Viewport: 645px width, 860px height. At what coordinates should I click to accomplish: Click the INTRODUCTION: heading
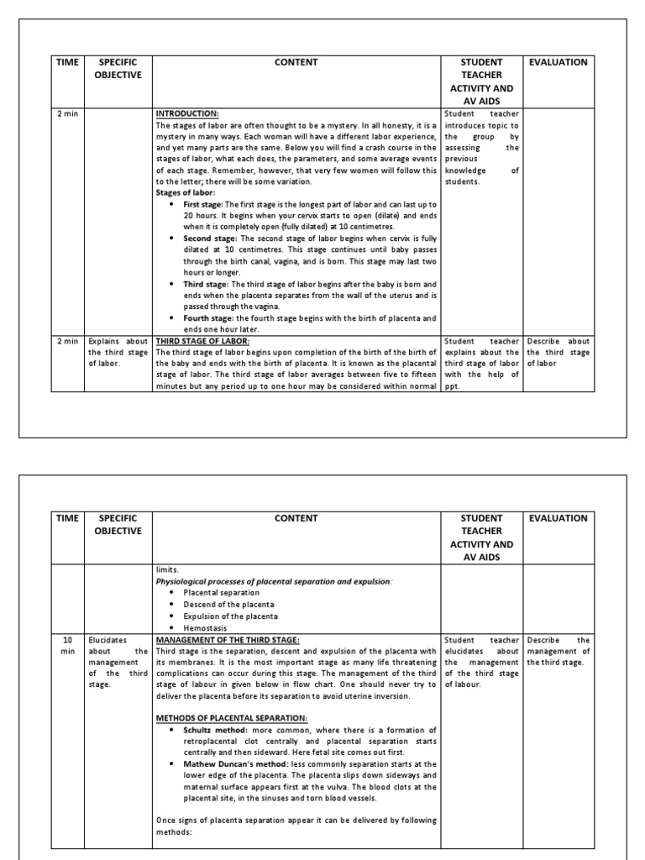(x=187, y=113)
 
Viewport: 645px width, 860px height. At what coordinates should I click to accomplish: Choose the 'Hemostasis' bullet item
(x=206, y=627)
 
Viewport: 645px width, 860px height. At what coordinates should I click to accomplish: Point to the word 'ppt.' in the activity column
(x=452, y=387)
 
